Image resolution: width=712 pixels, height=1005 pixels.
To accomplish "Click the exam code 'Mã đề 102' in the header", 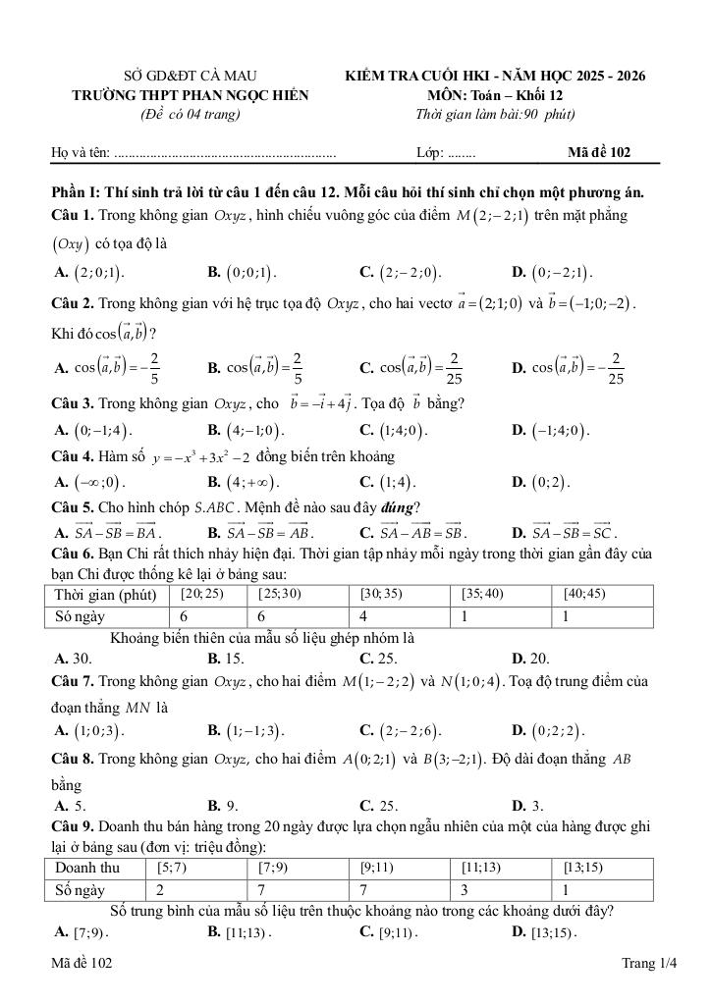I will point(599,152).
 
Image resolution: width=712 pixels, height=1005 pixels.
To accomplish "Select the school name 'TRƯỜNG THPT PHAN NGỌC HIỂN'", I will point(191,95).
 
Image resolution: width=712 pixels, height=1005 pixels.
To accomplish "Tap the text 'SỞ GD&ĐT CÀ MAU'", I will point(191,76).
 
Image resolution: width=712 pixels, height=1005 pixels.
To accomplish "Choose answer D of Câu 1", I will point(553,272).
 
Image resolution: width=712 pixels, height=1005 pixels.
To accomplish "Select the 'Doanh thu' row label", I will point(87,868).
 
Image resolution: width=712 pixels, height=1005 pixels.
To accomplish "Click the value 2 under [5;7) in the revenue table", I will point(160,889).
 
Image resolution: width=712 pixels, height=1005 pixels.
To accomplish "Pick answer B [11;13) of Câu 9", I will point(240,932).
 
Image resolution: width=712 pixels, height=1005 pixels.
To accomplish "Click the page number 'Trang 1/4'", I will point(649,965).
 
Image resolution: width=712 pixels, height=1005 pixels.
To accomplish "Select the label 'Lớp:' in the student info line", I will point(430,153).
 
